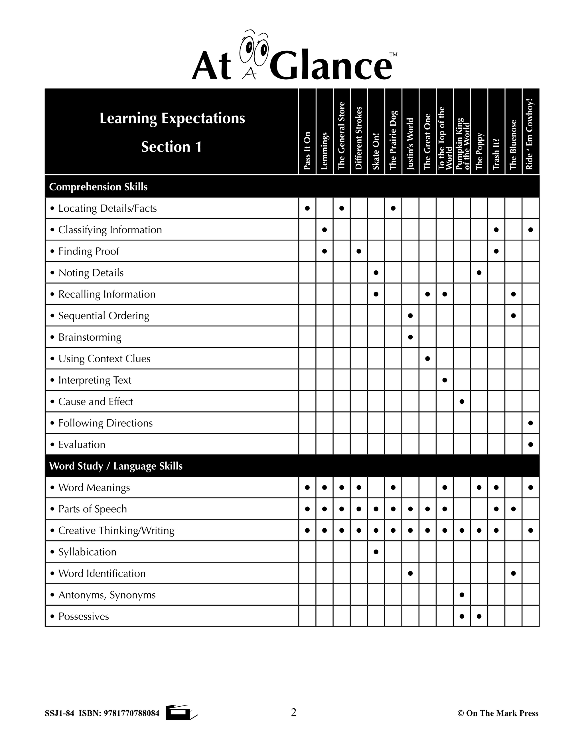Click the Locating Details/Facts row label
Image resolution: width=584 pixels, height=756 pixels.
pos(107,208)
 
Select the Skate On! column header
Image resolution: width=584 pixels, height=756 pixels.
pos(376,151)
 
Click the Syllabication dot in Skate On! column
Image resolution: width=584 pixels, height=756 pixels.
pos(376,552)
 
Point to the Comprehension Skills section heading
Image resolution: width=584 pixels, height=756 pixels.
pos(98,187)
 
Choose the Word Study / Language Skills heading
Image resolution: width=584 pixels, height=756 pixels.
pos(116,466)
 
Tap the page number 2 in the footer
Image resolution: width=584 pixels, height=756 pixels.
pos(293,712)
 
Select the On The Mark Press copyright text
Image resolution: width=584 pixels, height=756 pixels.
pos(498,713)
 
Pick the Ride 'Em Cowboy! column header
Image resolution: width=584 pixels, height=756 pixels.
pos(530,134)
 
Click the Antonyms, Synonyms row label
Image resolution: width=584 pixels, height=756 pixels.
pos(107,595)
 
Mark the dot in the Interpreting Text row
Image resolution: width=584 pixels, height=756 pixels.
pos(445,380)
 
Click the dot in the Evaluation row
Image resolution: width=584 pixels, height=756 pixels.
pos(531,444)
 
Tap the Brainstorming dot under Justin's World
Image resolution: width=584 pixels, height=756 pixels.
pos(410,337)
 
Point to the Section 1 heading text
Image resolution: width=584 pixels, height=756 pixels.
pos(171,147)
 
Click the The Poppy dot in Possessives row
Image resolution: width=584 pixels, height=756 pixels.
pos(479,616)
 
